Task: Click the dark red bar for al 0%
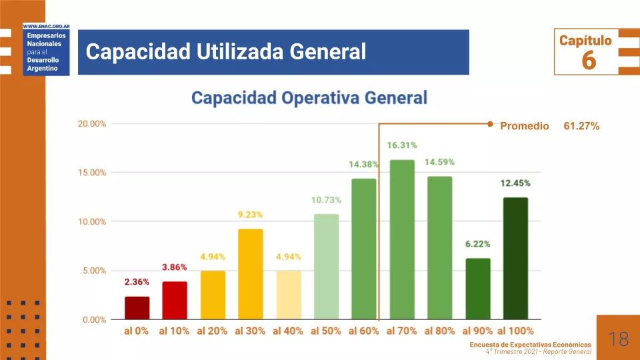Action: (x=137, y=308)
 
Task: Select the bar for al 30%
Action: (x=251, y=274)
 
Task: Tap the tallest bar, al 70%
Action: (x=402, y=240)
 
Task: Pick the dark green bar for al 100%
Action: (x=515, y=259)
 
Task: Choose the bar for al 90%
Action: (x=477, y=289)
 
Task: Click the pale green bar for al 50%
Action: (x=326, y=267)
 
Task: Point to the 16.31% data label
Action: (x=402, y=145)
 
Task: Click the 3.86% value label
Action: (x=175, y=267)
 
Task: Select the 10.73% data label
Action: (x=326, y=199)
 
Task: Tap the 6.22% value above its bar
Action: (x=477, y=244)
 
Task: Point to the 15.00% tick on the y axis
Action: (x=89, y=173)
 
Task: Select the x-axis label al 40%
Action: (x=288, y=331)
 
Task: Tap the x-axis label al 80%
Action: (x=439, y=331)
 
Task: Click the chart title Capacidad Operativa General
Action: (x=309, y=98)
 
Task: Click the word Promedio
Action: (x=524, y=126)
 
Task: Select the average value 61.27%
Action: (x=581, y=126)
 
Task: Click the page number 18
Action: (x=619, y=339)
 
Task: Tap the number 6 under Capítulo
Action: (x=588, y=61)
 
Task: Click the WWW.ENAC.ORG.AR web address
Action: (x=47, y=25)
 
